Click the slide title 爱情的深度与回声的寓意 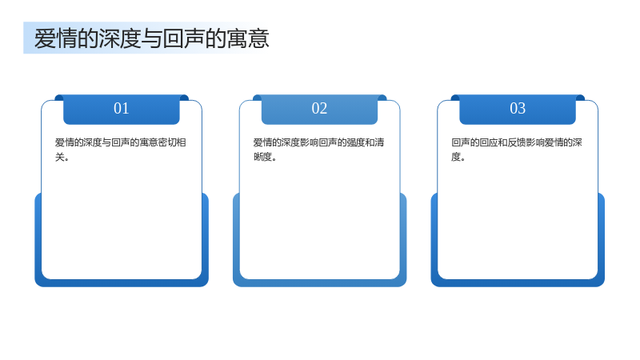151,38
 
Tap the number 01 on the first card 122,108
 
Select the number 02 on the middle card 319,108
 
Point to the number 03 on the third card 518,108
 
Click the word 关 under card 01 59,157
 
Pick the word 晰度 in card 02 262,157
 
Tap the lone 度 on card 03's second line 456,157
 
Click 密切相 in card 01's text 172,142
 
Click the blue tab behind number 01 122,110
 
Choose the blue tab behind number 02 319,110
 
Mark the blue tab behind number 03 518,110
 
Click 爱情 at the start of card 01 65,142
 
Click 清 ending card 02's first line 379,142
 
